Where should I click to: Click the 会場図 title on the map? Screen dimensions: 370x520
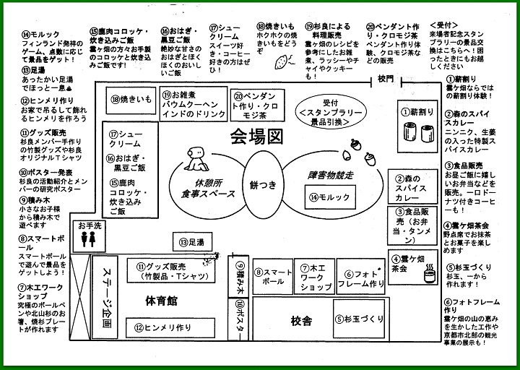[256, 135]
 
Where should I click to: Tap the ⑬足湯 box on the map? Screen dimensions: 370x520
[193, 242]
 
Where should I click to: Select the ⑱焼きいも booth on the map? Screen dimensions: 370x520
[131, 99]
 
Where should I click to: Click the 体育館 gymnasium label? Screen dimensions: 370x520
[162, 300]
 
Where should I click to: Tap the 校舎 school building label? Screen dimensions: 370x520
[301, 319]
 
